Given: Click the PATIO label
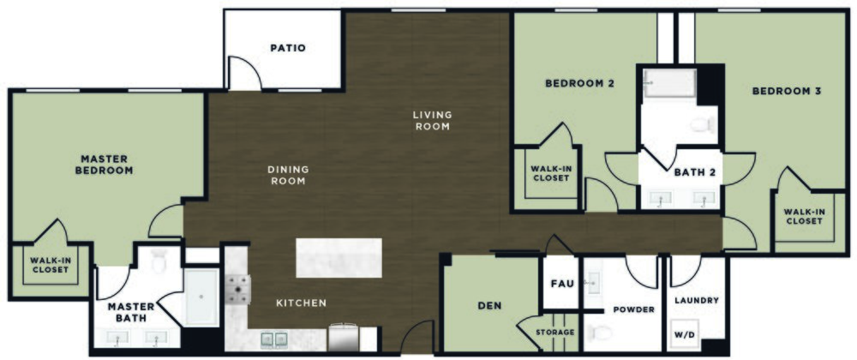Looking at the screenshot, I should [288, 48].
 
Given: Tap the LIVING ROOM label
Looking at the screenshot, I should [432, 121].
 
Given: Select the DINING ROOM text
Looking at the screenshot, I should [288, 175].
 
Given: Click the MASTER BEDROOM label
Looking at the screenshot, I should [106, 164].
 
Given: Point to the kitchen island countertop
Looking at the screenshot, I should [339, 257].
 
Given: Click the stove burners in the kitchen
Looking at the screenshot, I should [237, 290].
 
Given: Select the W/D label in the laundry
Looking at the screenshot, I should [686, 333].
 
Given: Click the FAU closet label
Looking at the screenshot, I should [560, 282].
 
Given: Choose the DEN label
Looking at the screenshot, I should [489, 305].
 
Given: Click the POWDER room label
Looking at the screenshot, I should [633, 309].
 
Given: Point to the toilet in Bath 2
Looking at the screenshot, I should [704, 126].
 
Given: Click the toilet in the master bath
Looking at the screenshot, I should [158, 262].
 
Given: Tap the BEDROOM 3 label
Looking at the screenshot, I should [787, 90].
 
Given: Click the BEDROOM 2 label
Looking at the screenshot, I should [580, 84].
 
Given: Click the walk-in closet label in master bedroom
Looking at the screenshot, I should [50, 266].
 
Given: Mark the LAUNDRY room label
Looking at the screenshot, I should [696, 300].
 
